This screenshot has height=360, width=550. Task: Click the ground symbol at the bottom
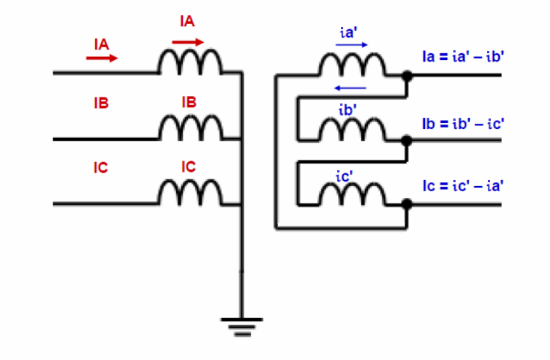pyautogui.click(x=241, y=325)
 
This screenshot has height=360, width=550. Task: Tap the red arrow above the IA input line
pyautogui.click(x=101, y=58)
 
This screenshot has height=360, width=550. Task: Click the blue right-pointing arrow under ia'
pyautogui.click(x=352, y=45)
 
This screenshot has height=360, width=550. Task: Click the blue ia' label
pyautogui.click(x=348, y=33)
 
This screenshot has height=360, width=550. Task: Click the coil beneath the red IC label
pyautogui.click(x=190, y=194)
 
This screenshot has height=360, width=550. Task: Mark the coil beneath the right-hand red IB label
pyautogui.click(x=190, y=130)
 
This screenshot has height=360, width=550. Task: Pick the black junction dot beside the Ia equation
pyautogui.click(x=407, y=76)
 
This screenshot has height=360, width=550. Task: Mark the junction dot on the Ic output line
pyautogui.click(x=407, y=204)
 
